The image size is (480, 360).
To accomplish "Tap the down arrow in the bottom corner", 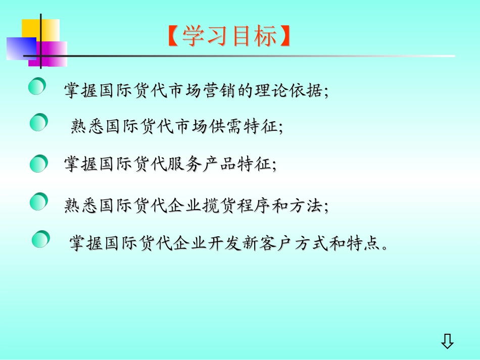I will (447, 342).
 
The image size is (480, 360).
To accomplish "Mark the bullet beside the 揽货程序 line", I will (38, 202).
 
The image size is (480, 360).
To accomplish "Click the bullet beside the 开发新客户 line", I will (41, 239).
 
